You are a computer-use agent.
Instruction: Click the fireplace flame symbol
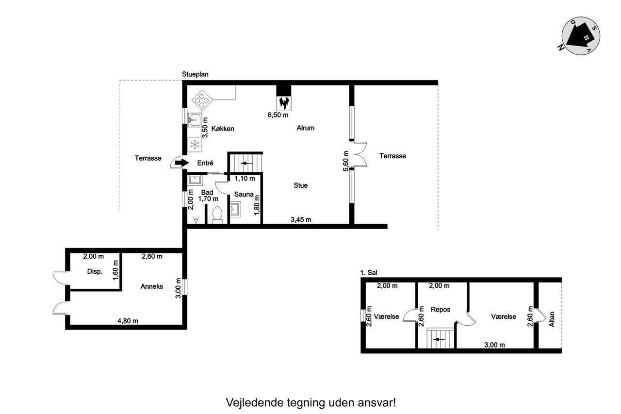click(284, 103)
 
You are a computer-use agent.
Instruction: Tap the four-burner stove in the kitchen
click(202, 100)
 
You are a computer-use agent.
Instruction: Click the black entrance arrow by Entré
click(182, 163)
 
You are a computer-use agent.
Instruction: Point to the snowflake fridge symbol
click(195, 145)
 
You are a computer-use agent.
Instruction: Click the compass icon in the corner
click(581, 36)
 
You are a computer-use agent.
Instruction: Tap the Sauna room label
click(244, 195)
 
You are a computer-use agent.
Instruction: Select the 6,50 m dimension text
click(278, 115)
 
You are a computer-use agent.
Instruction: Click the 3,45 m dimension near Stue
click(301, 219)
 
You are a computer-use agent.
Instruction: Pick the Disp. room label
click(95, 271)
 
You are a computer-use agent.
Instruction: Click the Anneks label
click(152, 286)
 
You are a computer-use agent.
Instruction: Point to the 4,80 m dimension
click(128, 321)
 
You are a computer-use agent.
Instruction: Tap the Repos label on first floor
click(441, 310)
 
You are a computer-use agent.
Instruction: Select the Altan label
click(552, 319)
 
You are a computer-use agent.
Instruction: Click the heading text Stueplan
click(195, 74)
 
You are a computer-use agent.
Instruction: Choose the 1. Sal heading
click(369, 273)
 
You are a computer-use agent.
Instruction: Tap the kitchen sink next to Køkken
click(195, 120)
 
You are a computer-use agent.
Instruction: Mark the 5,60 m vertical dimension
click(346, 161)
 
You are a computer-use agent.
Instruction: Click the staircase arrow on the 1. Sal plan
click(440, 339)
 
